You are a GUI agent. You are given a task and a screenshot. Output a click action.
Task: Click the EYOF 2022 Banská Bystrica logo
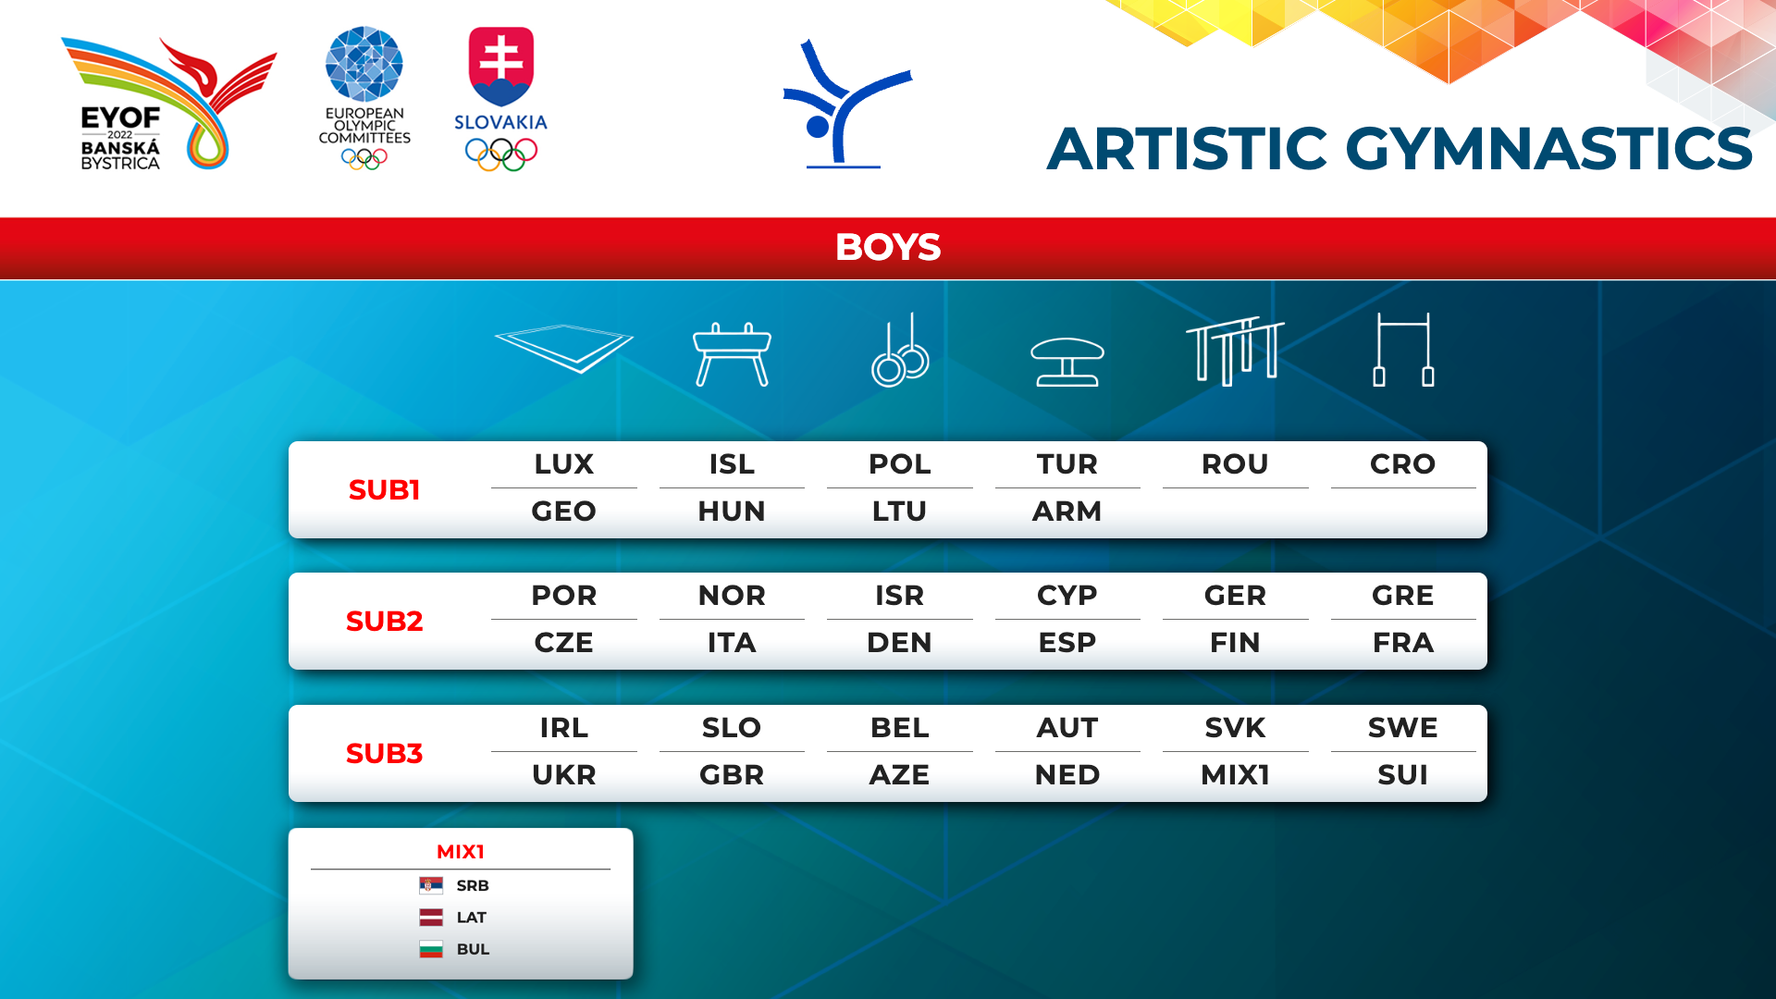pyautogui.click(x=169, y=104)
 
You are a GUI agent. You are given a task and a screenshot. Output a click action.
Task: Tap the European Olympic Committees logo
pyautogui.click(x=364, y=98)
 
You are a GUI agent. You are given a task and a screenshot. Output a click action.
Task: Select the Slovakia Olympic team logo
pyautogui.click(x=500, y=99)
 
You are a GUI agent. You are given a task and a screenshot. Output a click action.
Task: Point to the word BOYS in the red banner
pyautogui.click(x=888, y=247)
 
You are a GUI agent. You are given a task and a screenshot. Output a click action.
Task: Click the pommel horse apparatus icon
pyautogui.click(x=732, y=353)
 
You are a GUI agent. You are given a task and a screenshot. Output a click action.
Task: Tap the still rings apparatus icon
pyautogui.click(x=900, y=350)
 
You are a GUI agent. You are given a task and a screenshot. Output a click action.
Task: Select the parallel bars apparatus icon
pyautogui.click(x=1235, y=351)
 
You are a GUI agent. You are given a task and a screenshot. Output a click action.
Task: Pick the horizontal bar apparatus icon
pyautogui.click(x=1403, y=350)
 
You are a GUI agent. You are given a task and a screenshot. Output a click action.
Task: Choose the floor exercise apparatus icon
pyautogui.click(x=564, y=349)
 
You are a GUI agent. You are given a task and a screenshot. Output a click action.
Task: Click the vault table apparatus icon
pyautogui.click(x=1067, y=362)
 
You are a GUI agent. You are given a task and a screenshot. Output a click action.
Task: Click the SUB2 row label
pyautogui.click(x=384, y=621)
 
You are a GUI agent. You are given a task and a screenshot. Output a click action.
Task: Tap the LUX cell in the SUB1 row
pyautogui.click(x=564, y=463)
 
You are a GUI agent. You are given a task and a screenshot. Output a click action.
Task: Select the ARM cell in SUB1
pyautogui.click(x=1067, y=511)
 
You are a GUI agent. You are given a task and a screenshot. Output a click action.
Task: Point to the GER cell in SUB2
pyautogui.click(x=1235, y=595)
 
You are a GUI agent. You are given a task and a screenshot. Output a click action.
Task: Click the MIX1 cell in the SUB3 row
pyautogui.click(x=1235, y=774)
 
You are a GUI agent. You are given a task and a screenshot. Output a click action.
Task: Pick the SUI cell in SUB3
pyautogui.click(x=1403, y=774)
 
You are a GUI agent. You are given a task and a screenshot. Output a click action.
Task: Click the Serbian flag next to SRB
pyautogui.click(x=431, y=885)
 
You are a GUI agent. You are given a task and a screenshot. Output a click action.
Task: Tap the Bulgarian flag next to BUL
pyautogui.click(x=431, y=949)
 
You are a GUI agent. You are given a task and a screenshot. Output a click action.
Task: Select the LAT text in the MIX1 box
pyautogui.click(x=472, y=918)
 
